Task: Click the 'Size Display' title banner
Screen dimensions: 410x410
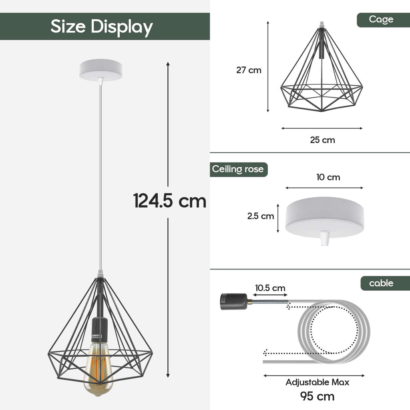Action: [x=102, y=26]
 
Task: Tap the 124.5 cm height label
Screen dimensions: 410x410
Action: [x=169, y=201]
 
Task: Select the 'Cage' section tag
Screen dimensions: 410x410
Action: [x=381, y=20]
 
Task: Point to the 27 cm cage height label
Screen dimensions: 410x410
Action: [x=249, y=70]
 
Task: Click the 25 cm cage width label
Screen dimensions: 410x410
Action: [x=322, y=140]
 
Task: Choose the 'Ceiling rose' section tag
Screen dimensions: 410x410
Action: [x=238, y=169]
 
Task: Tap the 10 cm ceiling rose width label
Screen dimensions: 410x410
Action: [x=328, y=177]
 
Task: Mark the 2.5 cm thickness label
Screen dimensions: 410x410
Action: [x=261, y=216]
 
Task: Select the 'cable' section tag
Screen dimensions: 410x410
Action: [x=381, y=283]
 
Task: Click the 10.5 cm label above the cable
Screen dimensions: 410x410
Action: [x=271, y=288]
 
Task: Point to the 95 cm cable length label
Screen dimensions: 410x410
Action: [x=317, y=396]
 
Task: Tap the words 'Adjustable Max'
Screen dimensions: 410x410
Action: [x=317, y=382]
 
